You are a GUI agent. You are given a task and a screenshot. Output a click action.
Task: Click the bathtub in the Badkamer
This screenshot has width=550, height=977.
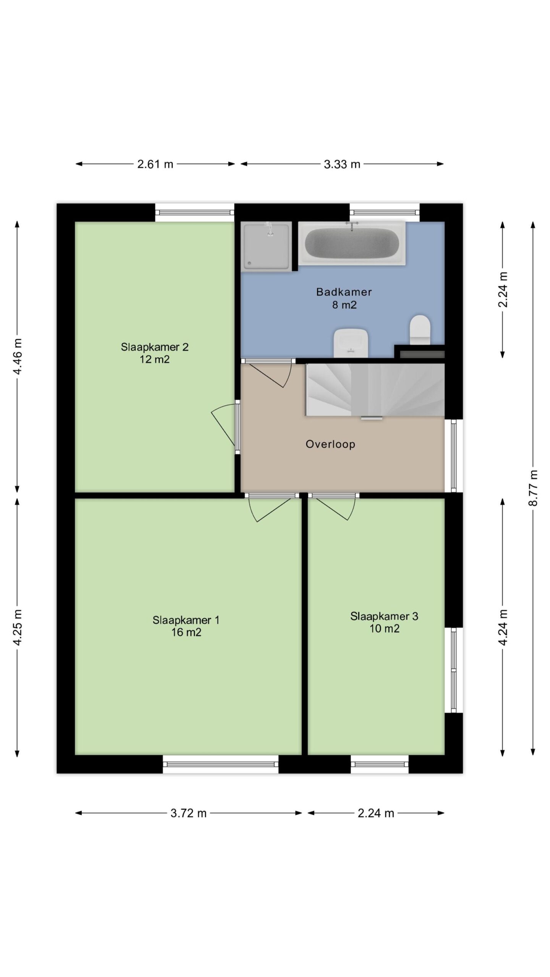pos(351,243)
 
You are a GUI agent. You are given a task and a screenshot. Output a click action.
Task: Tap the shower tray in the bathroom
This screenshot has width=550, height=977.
pos(266,247)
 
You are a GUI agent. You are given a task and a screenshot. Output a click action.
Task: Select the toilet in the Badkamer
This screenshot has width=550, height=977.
pos(420,329)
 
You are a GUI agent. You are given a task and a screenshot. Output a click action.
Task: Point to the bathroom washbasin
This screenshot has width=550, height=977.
pos(351,343)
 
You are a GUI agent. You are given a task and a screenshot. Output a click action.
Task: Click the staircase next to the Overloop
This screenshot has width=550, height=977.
pos(375,389)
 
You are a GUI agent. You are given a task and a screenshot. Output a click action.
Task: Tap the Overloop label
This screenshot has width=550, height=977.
pos(330,444)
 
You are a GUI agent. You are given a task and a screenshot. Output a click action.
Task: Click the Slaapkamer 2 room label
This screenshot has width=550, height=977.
pos(155,347)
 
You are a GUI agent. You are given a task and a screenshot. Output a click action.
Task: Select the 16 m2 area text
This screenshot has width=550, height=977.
pos(186,632)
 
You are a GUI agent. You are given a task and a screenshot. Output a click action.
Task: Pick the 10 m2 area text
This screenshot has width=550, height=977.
pos(384,629)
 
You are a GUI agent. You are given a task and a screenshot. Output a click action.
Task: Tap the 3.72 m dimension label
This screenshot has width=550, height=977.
pos(189,813)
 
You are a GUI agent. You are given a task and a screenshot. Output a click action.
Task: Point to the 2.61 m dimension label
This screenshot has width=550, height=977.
pos(155,164)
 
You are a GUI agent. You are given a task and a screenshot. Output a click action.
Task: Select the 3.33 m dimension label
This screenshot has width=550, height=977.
pos(342,164)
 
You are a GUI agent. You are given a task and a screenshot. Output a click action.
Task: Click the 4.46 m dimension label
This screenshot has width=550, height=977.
pos(18,356)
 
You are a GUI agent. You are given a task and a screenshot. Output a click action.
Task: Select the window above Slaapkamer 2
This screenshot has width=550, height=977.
pos(194,212)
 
